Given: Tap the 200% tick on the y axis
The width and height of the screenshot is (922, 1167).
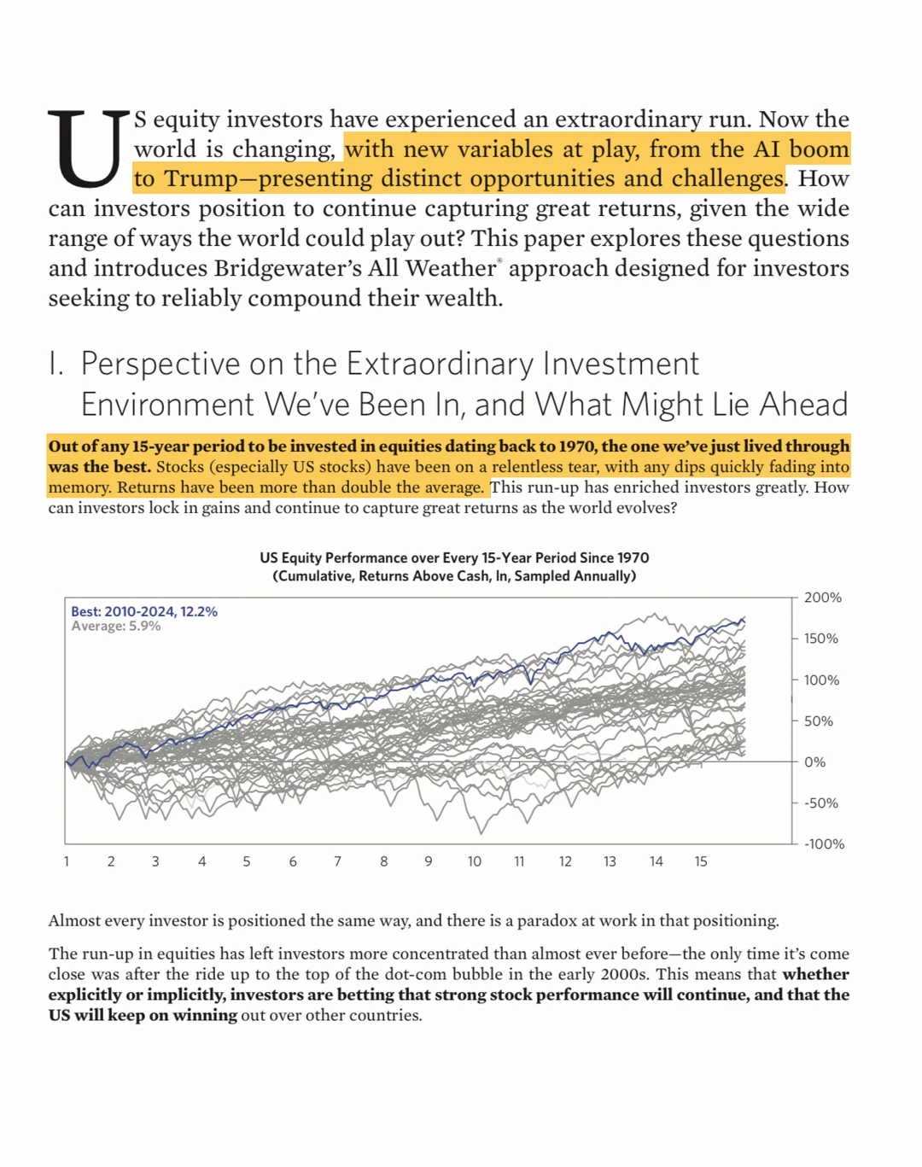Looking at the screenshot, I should [822, 598].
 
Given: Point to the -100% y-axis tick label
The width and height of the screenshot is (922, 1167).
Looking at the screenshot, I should [823, 843].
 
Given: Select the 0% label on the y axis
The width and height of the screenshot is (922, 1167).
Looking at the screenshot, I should [814, 761].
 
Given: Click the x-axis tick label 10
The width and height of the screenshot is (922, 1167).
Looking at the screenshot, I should [474, 861].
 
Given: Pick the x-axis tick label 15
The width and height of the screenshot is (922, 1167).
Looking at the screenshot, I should [700, 861].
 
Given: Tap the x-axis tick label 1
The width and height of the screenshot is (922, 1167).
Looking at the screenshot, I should [67, 861].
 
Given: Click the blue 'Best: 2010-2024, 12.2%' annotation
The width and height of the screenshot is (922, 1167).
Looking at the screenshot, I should [143, 611].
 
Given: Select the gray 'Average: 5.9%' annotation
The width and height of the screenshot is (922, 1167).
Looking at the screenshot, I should [115, 626].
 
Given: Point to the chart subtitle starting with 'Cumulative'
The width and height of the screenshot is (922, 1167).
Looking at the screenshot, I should [454, 576].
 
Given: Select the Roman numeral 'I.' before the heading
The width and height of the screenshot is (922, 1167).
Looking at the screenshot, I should [56, 364].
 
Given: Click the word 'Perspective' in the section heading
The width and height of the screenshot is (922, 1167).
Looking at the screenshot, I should [160, 364].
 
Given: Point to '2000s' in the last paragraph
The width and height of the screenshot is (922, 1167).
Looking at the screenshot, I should [622, 974].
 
